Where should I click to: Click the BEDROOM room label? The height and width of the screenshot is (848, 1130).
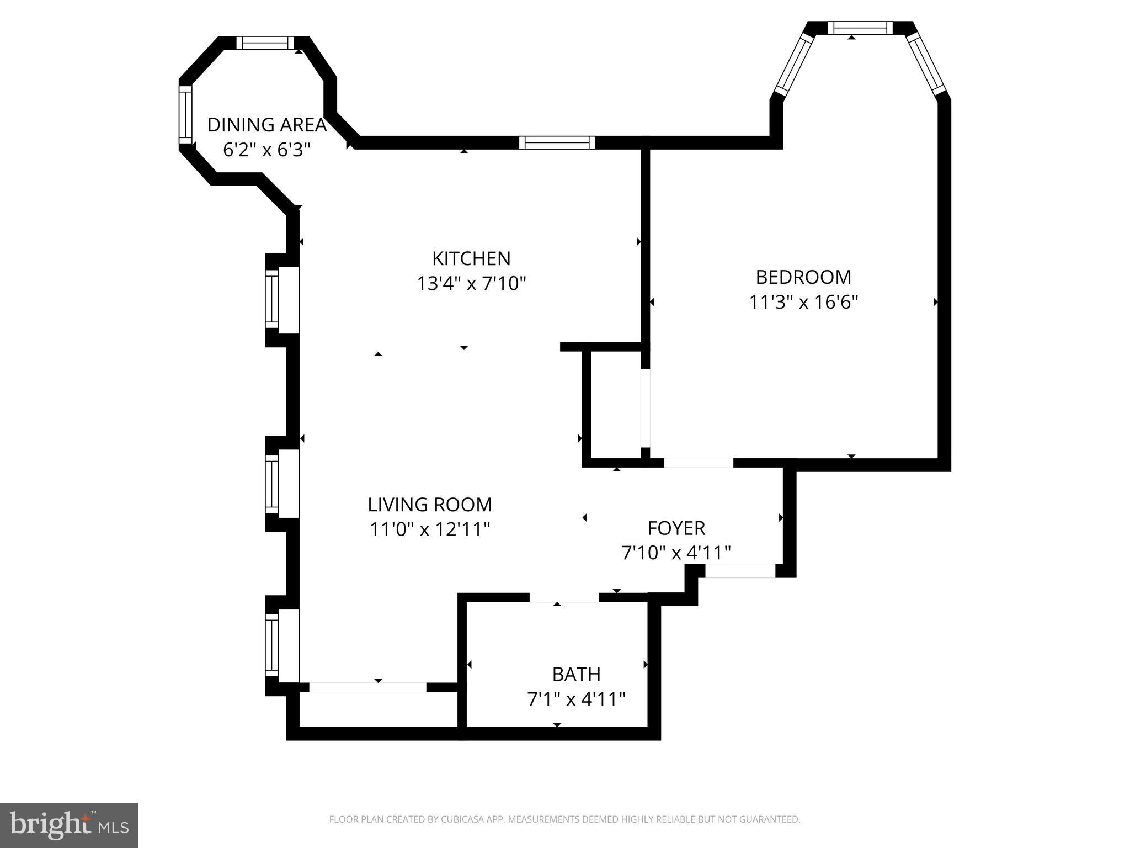pos(803,277)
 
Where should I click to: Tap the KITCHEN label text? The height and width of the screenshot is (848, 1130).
pos(471,258)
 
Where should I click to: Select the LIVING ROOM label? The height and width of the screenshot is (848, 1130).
pos(430,505)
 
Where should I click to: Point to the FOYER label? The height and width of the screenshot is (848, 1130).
pos(676,528)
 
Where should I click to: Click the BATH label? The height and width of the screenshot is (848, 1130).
pos(576,674)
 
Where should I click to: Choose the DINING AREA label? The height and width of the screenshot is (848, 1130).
pos(267,125)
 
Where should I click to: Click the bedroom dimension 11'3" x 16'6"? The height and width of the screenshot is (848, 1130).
pos(803,303)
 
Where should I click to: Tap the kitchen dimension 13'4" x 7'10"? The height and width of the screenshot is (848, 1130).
pos(471,284)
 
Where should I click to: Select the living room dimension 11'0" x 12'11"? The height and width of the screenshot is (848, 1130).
pos(430,530)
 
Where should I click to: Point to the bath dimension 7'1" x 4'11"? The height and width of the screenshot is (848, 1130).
pos(576,699)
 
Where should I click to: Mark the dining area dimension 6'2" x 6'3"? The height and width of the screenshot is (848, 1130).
pos(267,150)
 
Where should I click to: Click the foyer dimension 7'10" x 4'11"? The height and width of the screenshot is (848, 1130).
pos(676,553)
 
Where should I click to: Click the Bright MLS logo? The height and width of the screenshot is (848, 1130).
pos(69,825)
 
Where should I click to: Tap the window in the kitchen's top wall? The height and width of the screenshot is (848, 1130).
pos(557,142)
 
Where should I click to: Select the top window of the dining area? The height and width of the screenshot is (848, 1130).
pos(265,43)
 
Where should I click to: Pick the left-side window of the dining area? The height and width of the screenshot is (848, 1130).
pos(185,115)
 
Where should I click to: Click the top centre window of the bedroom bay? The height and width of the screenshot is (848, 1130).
pos(860,28)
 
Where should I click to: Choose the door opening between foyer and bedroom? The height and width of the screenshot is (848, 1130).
pos(699,463)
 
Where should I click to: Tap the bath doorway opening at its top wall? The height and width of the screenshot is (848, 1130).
pos(564,597)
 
